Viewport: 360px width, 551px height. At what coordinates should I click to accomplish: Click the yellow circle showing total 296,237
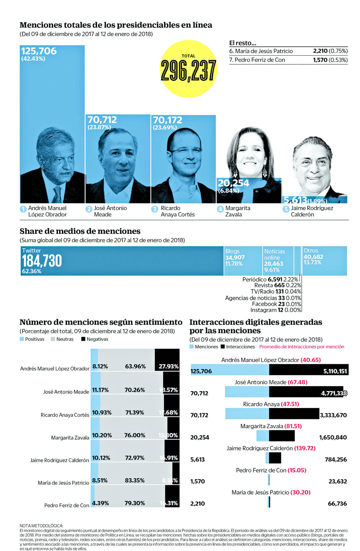[x=188, y=69]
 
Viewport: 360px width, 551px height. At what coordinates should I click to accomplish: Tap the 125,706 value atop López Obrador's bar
[x=39, y=51]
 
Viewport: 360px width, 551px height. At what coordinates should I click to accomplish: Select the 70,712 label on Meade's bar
[x=102, y=120]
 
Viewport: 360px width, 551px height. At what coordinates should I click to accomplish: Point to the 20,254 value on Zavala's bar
[x=233, y=183]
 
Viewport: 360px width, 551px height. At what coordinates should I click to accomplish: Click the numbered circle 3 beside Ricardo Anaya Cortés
[x=154, y=209]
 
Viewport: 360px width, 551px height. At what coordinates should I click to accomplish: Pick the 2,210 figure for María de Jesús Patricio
[x=320, y=51]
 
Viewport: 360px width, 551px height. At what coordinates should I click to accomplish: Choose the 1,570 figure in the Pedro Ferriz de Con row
[x=320, y=60]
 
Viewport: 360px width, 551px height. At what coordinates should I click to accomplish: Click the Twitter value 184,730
[x=42, y=261]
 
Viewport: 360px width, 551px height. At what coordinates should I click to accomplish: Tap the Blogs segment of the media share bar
[x=243, y=261]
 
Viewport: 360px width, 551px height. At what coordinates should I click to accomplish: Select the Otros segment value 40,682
[x=313, y=257]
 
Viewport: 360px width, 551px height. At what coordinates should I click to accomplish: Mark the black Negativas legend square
[x=83, y=339]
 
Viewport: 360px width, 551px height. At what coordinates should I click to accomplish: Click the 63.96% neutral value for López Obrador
[x=135, y=366]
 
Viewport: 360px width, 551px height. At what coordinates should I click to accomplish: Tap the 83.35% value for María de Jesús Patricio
[x=134, y=480]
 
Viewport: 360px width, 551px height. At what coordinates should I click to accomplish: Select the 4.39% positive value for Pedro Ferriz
[x=100, y=503]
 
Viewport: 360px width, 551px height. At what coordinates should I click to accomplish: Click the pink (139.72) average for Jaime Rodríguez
[x=305, y=448]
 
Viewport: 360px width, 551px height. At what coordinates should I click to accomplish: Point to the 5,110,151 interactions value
[x=335, y=371]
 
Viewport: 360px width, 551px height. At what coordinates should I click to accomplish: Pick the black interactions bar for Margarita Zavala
[x=282, y=436]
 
